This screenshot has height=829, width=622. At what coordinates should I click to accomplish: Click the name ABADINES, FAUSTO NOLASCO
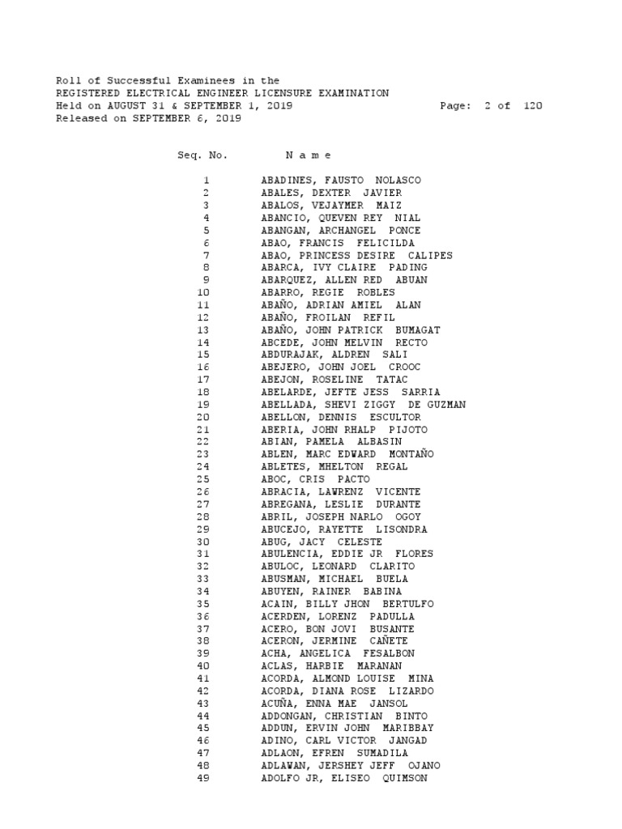click(x=341, y=181)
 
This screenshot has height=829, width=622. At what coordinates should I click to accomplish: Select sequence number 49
click(x=203, y=778)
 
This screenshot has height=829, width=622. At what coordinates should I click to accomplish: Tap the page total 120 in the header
click(x=531, y=106)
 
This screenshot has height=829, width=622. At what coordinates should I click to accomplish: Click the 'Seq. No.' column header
click(x=202, y=155)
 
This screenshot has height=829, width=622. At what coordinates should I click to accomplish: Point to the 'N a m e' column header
click(x=309, y=155)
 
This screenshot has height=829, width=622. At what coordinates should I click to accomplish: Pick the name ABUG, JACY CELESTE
click(x=322, y=542)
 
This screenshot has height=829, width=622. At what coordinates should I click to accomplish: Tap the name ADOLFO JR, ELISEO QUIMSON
click(x=344, y=778)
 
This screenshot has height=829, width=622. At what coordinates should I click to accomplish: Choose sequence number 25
click(x=203, y=479)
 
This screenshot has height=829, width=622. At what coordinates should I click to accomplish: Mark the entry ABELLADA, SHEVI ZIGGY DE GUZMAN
click(x=363, y=405)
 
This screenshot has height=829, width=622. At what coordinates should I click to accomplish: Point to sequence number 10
click(x=203, y=292)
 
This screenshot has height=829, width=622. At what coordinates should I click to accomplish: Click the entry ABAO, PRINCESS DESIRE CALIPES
click(x=356, y=255)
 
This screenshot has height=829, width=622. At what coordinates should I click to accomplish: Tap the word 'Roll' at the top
click(x=68, y=81)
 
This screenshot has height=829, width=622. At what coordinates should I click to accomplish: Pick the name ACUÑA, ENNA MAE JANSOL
click(x=334, y=704)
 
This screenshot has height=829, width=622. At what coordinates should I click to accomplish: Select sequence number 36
click(x=203, y=616)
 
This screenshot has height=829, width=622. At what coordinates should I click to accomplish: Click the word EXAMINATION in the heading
click(x=354, y=94)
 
